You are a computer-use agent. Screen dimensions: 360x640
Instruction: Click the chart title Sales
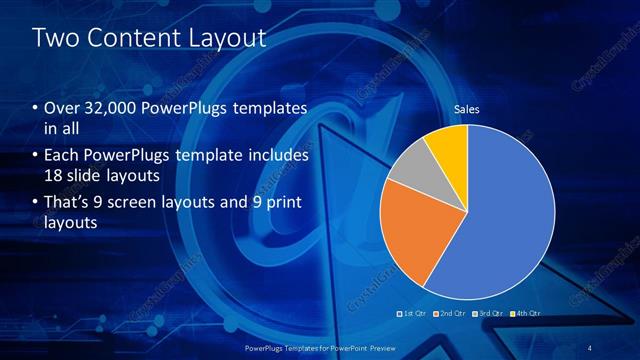coord(467,109)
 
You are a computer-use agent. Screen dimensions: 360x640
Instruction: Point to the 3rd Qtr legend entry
coord(488,314)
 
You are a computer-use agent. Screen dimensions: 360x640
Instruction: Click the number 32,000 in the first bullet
coord(108,108)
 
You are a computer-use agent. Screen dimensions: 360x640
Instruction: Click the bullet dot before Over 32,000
coord(36,108)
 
